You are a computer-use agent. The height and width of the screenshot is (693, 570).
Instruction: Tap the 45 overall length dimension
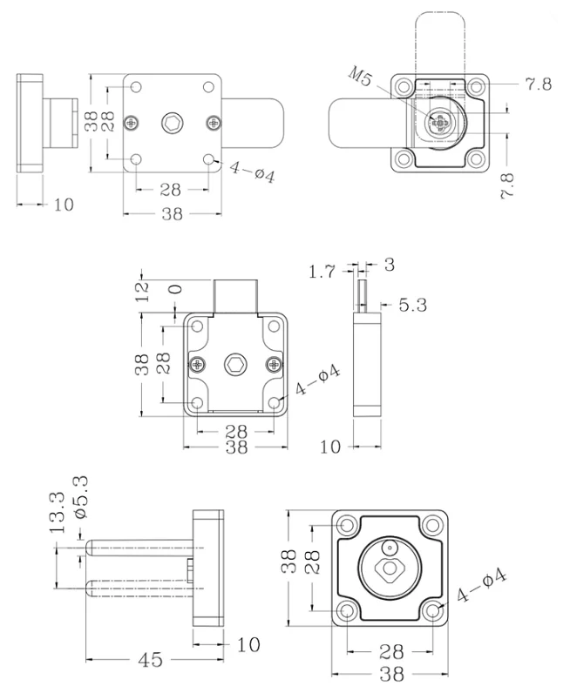(x=151, y=660)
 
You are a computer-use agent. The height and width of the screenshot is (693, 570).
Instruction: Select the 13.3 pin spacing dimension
(x=58, y=513)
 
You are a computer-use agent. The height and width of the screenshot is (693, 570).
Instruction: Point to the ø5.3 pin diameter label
(x=81, y=497)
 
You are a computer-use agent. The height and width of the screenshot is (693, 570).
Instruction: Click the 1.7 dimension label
(x=322, y=272)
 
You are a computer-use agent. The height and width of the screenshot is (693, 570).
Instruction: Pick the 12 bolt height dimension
(x=143, y=293)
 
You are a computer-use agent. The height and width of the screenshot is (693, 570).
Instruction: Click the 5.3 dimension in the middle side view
(x=413, y=305)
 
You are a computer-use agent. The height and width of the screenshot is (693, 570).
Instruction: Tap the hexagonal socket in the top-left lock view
(x=172, y=123)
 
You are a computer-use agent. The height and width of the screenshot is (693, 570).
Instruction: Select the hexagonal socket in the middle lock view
(x=234, y=364)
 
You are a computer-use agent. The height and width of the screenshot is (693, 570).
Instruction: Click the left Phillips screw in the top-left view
(x=132, y=123)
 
